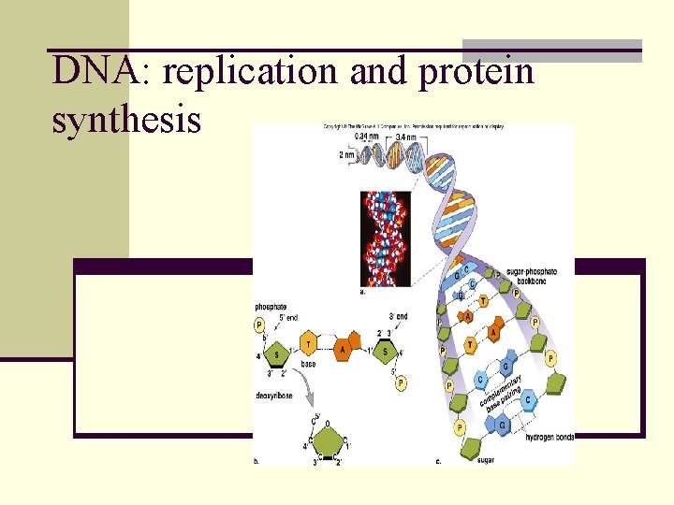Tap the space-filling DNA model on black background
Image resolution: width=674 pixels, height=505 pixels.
tap(385, 238)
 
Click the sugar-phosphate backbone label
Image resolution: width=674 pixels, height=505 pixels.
tap(531, 275)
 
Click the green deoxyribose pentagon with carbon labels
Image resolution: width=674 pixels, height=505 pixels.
tap(326, 439)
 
